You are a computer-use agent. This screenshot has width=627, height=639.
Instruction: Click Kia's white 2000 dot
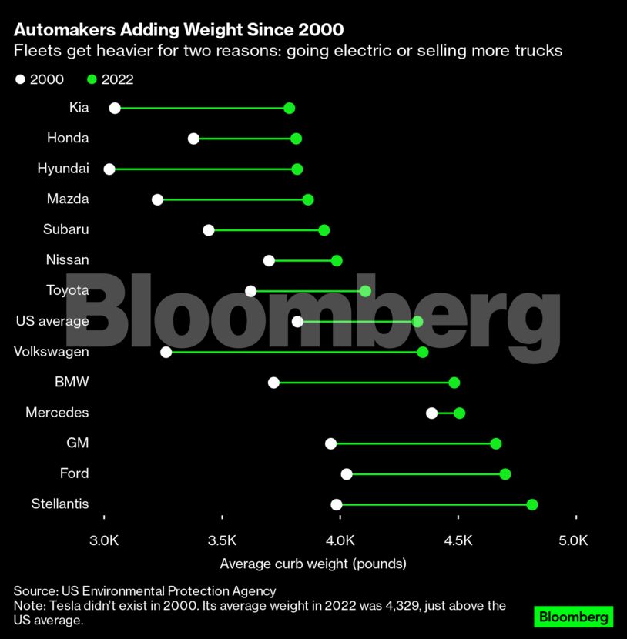pyautogui.click(x=115, y=108)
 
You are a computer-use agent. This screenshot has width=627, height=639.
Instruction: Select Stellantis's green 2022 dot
pyautogui.click(x=532, y=504)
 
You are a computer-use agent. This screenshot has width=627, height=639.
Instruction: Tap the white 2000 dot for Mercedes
pyautogui.click(x=432, y=413)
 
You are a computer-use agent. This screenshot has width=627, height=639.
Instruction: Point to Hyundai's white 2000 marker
pyautogui.click(x=109, y=169)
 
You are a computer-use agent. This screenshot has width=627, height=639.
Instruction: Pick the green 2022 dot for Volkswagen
pyautogui.click(x=423, y=352)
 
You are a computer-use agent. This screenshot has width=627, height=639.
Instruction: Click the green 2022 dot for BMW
pyautogui.click(x=454, y=383)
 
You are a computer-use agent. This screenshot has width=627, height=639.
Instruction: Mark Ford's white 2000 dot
pyautogui.click(x=347, y=473)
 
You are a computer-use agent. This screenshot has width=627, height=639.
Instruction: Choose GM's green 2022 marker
pyautogui.click(x=496, y=443)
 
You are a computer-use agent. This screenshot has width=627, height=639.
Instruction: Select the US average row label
pyautogui.click(x=52, y=321)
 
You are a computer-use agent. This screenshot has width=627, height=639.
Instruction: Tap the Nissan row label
pyautogui.click(x=67, y=260)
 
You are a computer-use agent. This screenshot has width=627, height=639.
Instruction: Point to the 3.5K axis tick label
pyautogui.click(x=222, y=539)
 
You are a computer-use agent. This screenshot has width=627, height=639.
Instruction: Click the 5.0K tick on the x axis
pyautogui.click(x=574, y=539)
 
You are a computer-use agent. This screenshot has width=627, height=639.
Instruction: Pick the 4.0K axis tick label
pyautogui.click(x=340, y=539)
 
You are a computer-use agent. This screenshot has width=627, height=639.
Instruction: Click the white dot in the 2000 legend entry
pyautogui.click(x=20, y=79)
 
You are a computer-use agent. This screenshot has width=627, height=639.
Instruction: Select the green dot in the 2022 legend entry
pyautogui.click(x=92, y=79)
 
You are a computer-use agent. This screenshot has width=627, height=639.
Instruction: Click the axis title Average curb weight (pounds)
pyautogui.click(x=313, y=564)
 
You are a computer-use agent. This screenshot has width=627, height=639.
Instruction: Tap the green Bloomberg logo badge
pyautogui.click(x=573, y=617)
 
